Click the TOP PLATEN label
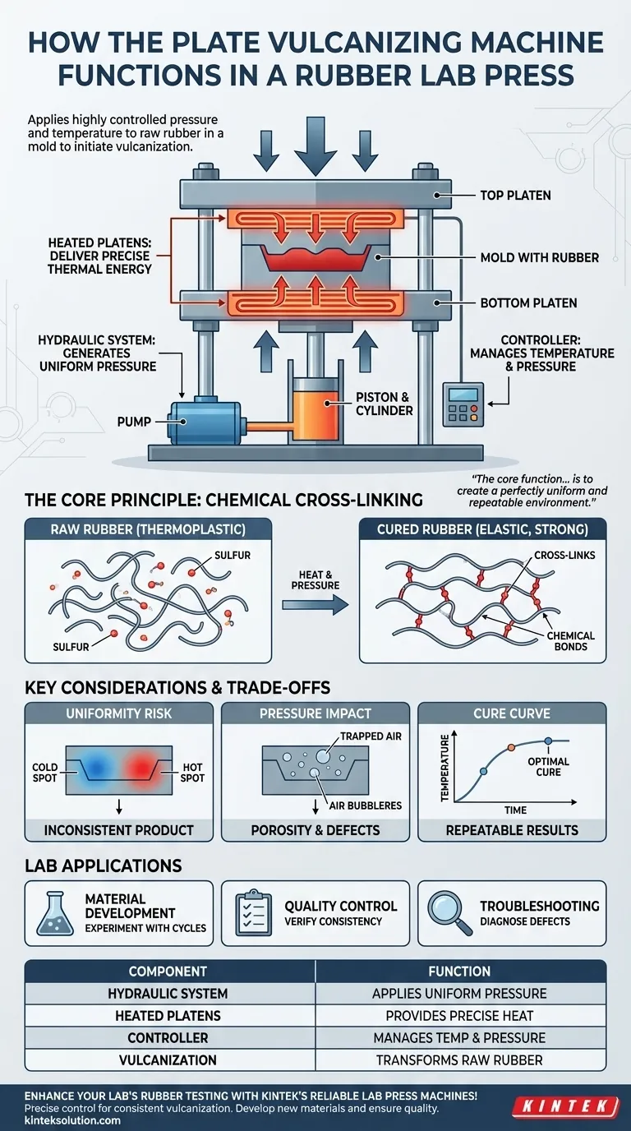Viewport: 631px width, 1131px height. pyautogui.click(x=515, y=196)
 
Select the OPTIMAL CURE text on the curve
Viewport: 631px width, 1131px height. pyautogui.click(x=548, y=766)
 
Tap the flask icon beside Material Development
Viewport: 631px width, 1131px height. pyautogui.click(x=55, y=913)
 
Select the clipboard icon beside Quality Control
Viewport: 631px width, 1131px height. pyautogui.click(x=255, y=913)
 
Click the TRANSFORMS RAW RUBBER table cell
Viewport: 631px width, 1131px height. pyautogui.click(x=459, y=1060)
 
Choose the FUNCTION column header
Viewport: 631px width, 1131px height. pyautogui.click(x=459, y=971)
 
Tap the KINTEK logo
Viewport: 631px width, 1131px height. pyautogui.click(x=564, y=1106)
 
